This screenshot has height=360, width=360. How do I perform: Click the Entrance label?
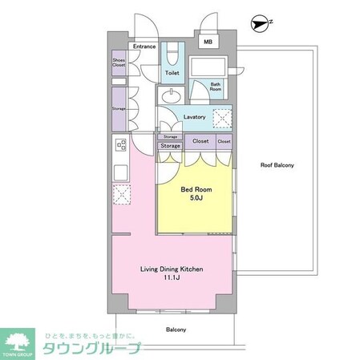click(x=144, y=47)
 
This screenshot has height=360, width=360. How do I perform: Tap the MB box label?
click(x=208, y=42)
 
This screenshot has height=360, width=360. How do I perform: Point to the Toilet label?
click(x=172, y=73)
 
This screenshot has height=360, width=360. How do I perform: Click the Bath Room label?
click(x=216, y=86)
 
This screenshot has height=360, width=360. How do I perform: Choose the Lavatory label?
click(x=195, y=117)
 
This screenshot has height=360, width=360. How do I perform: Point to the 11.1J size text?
click(x=172, y=279)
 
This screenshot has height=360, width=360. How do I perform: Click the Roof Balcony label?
click(x=277, y=165)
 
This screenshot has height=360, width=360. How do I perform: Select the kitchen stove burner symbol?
click(x=120, y=145)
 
